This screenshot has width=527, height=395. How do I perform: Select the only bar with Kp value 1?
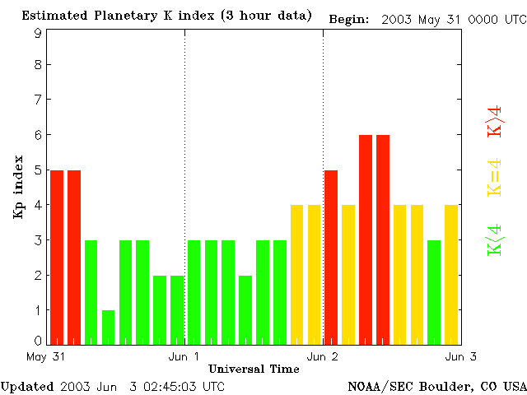108,328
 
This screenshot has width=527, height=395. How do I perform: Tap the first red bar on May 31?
57,257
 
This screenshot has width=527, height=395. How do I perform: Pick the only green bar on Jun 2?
434,292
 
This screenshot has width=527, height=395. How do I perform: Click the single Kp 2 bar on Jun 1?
245,309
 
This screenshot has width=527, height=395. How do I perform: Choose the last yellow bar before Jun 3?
451,275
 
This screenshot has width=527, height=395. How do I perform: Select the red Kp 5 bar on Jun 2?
331,257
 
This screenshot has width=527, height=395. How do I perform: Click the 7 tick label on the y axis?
38,100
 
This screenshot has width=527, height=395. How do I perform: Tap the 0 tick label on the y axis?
38,341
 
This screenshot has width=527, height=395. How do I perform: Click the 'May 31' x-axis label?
46,356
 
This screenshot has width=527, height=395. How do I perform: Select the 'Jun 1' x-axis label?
184,356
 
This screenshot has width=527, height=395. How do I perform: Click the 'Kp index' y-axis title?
18,188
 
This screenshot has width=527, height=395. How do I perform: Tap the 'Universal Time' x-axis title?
254,369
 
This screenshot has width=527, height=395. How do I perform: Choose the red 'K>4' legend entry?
495,121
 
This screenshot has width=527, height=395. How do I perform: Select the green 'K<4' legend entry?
495,240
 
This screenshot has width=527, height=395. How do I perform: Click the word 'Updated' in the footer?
26,386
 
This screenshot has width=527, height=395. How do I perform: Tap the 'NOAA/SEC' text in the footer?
375,386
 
